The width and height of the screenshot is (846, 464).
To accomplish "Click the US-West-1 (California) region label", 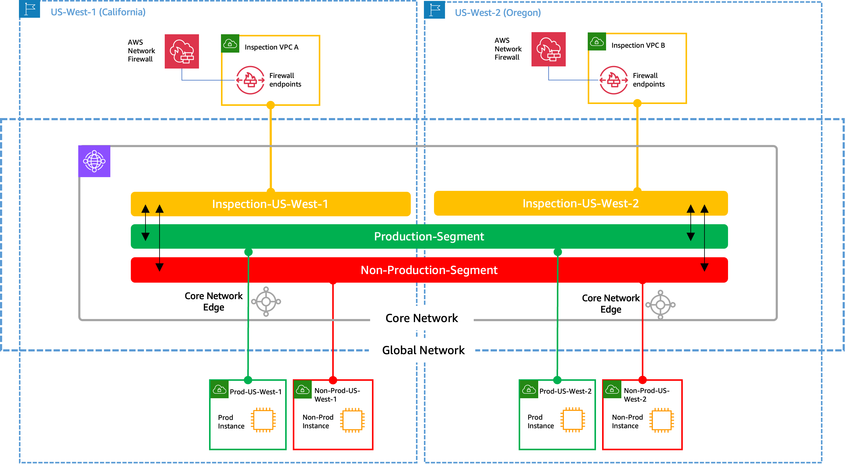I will pos(98,12).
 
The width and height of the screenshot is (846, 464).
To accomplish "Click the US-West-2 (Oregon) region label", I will pos(498,13).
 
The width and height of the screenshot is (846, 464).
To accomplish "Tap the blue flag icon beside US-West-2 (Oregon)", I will pos(435,10).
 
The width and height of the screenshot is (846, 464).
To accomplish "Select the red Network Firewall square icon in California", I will pos(182,52).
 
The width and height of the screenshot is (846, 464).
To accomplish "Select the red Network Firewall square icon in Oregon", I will pos(548,49).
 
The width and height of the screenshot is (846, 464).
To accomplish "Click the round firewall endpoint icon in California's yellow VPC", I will pos(250,80).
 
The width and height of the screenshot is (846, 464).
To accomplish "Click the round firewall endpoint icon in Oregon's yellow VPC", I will pos(613,80).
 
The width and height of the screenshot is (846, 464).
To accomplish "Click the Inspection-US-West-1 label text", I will pos(270,204).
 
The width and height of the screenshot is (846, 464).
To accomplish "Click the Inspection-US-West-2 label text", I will pos(580,203).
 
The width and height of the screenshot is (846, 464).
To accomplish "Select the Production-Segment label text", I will pos(429,236).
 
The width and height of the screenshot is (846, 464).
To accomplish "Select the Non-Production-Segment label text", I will pos(429,270).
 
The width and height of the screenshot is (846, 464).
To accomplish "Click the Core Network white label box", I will pos(422,318).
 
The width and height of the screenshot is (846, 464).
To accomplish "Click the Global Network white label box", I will pos(423,350).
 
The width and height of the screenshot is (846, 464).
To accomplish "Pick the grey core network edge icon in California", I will pos(266,301).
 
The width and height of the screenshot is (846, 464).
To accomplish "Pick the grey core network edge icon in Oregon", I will pos(660,305).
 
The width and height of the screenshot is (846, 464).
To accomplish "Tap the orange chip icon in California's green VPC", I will pos(263,420).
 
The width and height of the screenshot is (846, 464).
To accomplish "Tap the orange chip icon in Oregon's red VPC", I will pos(661,420).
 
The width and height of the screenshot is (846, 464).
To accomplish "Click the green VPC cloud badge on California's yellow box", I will pos(230,44).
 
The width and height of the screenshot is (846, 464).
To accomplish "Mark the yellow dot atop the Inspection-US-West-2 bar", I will pos(637,190).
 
